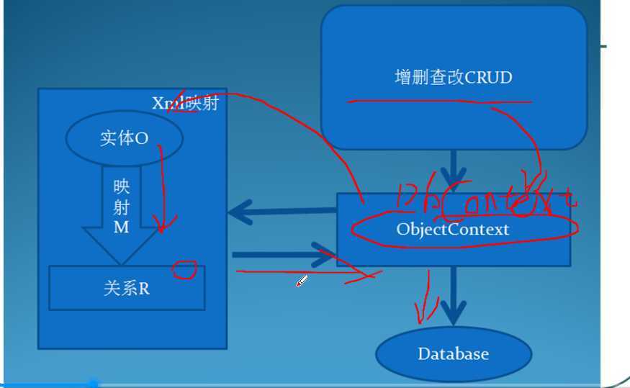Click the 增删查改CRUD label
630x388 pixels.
click(x=454, y=77)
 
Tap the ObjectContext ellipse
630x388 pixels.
click(x=453, y=230)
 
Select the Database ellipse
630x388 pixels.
click(x=453, y=353)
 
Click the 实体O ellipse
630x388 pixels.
click(x=124, y=139)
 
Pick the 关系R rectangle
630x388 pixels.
click(x=126, y=288)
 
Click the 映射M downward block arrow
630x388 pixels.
click(x=121, y=216)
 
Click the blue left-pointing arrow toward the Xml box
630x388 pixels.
click(x=281, y=212)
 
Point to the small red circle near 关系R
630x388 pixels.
click(x=184, y=270)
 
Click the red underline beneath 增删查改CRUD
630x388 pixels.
click(x=439, y=101)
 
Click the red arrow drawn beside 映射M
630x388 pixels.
click(x=162, y=191)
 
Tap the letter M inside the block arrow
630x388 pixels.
click(x=121, y=227)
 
